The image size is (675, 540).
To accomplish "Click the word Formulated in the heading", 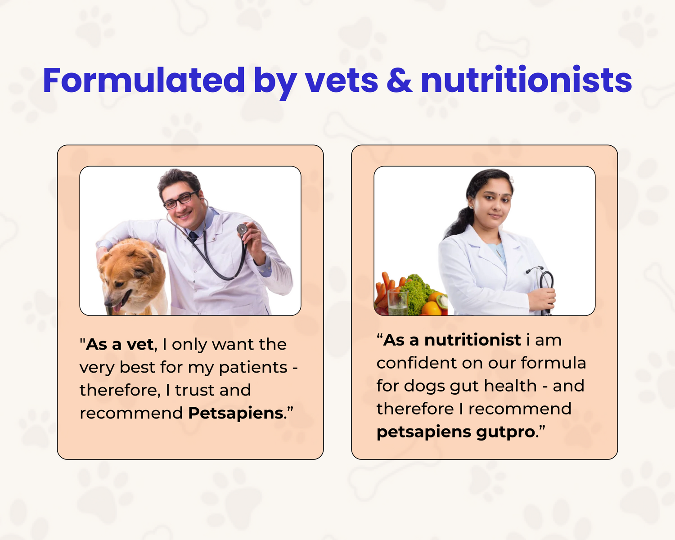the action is point(144,81).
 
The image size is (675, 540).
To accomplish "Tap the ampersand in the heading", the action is point(399,81).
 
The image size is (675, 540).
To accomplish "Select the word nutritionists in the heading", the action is point(526,80).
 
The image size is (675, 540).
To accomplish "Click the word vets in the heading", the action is point(341,82).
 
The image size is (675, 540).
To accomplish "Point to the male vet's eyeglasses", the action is point(181,200).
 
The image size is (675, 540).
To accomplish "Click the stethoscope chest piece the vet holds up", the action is point(242,229).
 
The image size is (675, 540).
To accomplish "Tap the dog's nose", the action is point(108,303).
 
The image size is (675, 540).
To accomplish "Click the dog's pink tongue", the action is point(117,307).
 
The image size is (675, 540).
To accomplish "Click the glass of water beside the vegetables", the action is point(398,302).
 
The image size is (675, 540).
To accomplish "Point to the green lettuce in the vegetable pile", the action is point(417,293).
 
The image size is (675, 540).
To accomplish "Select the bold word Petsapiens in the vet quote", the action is point(235,413).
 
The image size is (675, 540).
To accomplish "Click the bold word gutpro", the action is point(505,432).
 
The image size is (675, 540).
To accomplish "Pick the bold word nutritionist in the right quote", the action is point(472,340).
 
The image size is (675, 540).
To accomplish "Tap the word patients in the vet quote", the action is point(253,368).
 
